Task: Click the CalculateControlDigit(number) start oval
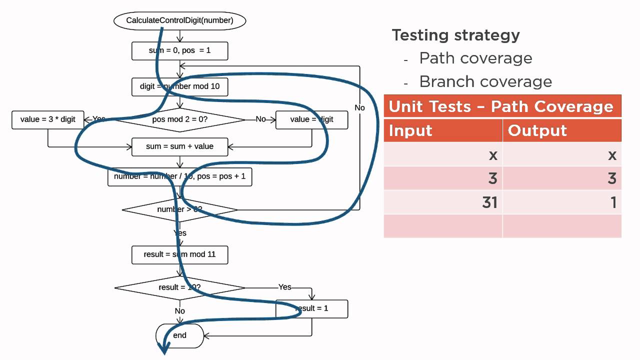coord(179,20)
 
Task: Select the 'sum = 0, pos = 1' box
coord(179,50)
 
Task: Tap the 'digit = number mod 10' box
coord(179,86)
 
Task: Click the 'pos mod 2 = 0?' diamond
coord(179,119)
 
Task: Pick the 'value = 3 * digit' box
coord(47,119)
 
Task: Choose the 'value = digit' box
coord(311,119)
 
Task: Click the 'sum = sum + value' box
coord(179,146)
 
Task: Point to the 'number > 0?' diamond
coord(179,209)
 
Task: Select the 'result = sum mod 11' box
coord(179,254)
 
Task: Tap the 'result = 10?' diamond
coord(179,287)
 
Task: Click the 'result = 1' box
coord(311,308)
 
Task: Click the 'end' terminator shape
coord(179,335)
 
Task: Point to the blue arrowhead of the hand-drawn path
coord(163,348)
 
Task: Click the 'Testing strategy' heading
coord(455,35)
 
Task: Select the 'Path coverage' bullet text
coord(475,58)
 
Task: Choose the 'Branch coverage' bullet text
coord(485,81)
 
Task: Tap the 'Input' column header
coord(443,130)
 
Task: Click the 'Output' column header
coord(562,130)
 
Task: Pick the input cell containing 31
coord(443,202)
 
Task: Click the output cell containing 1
coord(562,202)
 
